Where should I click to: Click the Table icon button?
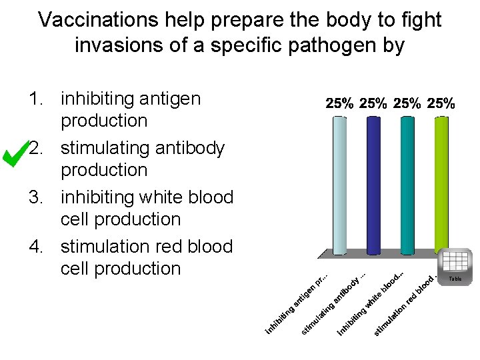455,265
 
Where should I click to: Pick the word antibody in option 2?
189,148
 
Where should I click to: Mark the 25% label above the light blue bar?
339,103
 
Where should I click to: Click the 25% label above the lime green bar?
441,103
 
